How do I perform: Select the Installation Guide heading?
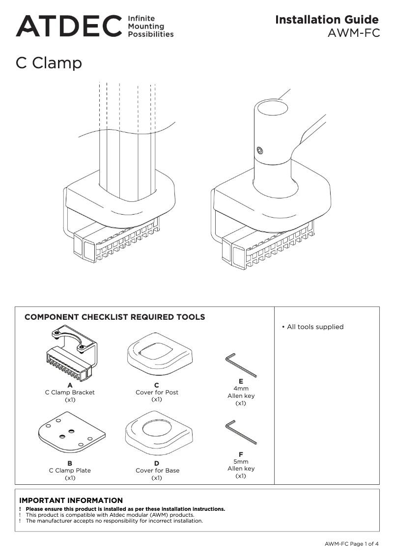click(x=327, y=20)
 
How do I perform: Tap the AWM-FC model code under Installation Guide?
click(x=354, y=33)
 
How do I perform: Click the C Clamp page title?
click(x=49, y=63)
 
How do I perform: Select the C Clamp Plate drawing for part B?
click(x=71, y=433)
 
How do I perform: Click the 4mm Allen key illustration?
click(x=241, y=365)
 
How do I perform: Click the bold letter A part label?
click(x=70, y=385)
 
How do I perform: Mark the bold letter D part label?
click(x=157, y=463)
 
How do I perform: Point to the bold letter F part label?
click(x=241, y=454)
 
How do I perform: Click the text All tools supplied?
click(x=315, y=327)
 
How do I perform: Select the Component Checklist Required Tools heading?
click(x=114, y=317)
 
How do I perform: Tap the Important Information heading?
click(x=71, y=501)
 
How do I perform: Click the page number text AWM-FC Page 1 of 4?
click(x=351, y=544)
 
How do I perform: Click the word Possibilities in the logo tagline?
click(x=150, y=34)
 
